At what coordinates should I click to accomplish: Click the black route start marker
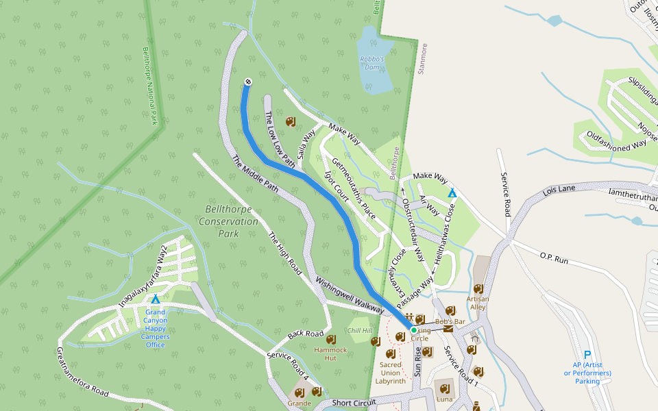point(247,82)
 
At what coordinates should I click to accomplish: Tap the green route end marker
point(414,330)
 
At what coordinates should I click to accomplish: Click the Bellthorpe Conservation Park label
point(228,221)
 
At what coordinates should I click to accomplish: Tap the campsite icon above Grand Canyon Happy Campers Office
point(155,299)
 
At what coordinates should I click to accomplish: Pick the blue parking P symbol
point(587,354)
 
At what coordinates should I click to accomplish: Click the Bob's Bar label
point(450,321)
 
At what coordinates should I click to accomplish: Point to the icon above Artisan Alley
point(478,288)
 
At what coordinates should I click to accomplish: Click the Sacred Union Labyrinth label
point(391,373)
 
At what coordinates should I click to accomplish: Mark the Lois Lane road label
point(559,190)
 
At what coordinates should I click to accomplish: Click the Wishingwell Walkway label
point(350,295)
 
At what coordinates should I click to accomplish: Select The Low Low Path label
point(280,140)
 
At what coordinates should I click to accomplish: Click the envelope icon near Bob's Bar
point(448,329)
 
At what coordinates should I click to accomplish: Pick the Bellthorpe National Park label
point(149,86)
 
